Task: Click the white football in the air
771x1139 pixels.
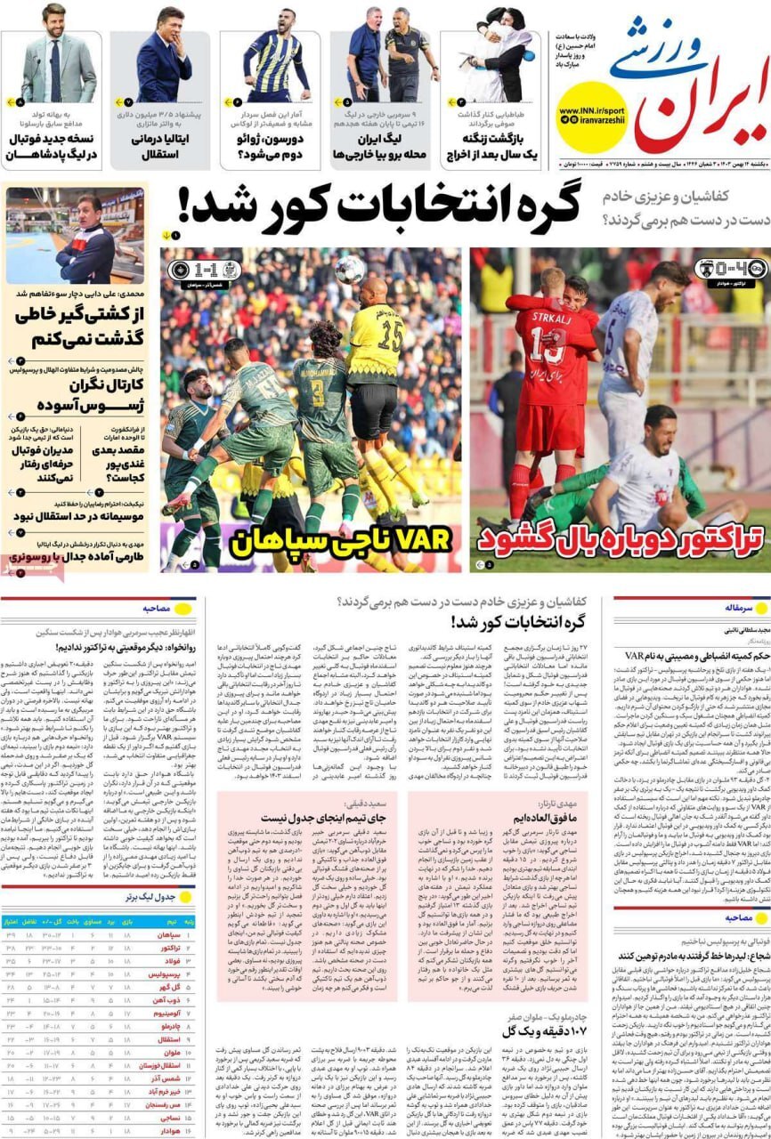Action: point(349,270)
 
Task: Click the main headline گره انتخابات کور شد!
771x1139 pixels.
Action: point(378,206)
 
